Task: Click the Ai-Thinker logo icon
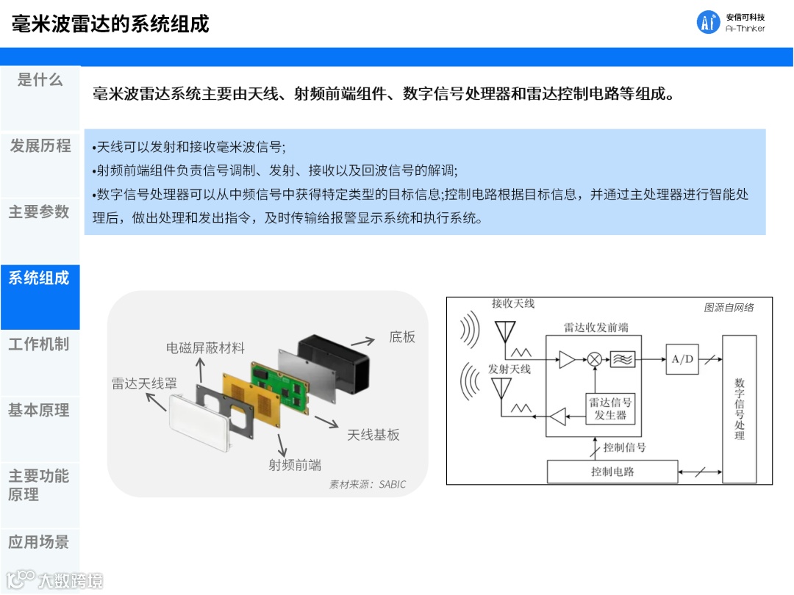tap(708, 23)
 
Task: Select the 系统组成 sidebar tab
tap(40, 278)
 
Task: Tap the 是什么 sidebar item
tap(40, 80)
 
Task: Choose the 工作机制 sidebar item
tap(40, 344)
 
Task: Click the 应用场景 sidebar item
tap(40, 542)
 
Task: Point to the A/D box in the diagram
tap(682, 359)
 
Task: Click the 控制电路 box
tap(612, 472)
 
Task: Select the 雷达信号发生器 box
tap(610, 408)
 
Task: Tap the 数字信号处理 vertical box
tap(740, 408)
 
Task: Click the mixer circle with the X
tap(595, 359)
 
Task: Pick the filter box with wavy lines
tap(624, 359)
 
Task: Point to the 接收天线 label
tap(513, 303)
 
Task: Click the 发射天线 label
tap(509, 369)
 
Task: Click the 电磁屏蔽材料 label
tap(205, 347)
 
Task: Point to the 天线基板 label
tap(373, 434)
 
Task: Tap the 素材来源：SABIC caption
tap(367, 485)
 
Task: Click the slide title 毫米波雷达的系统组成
tap(110, 24)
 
